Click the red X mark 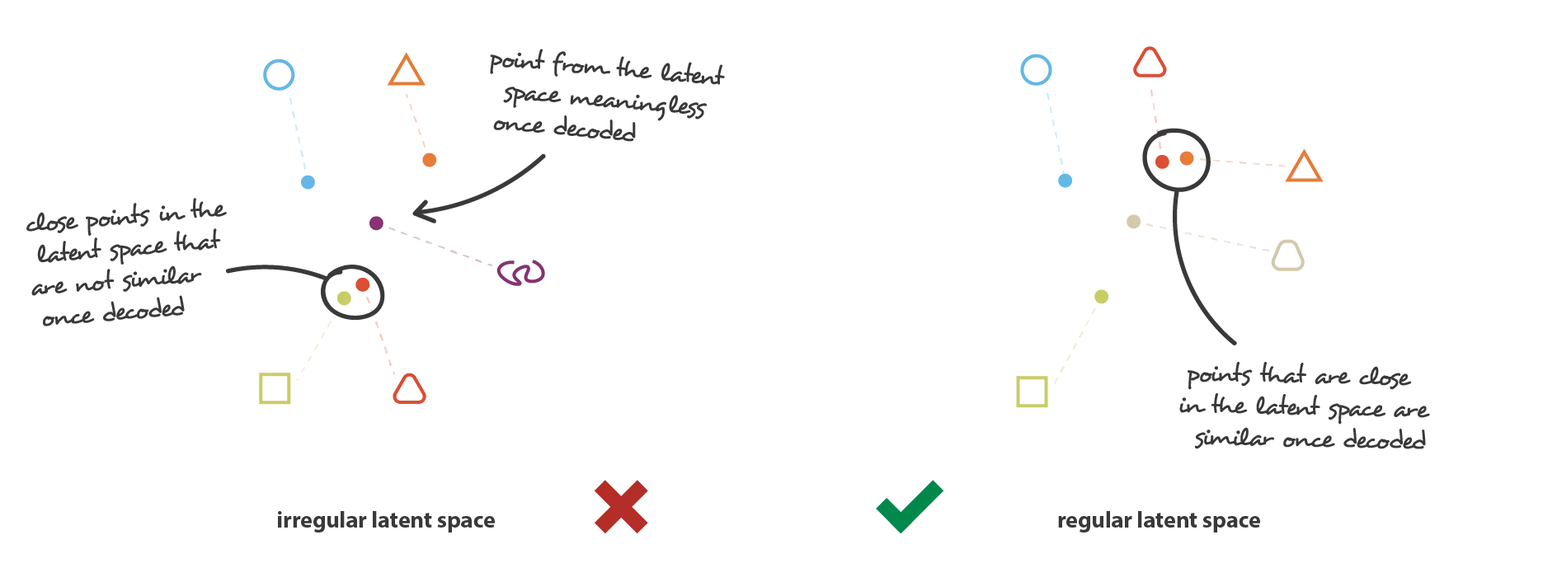click(x=621, y=506)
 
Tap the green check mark click(x=909, y=506)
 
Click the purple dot click(x=376, y=223)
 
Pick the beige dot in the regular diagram click(x=1133, y=221)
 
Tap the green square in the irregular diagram click(x=261, y=388)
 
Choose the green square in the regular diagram click(x=1018, y=392)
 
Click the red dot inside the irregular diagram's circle click(x=362, y=284)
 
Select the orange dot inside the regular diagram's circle click(x=1186, y=157)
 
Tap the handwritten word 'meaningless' click(x=637, y=104)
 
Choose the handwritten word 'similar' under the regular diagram click(x=1234, y=437)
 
